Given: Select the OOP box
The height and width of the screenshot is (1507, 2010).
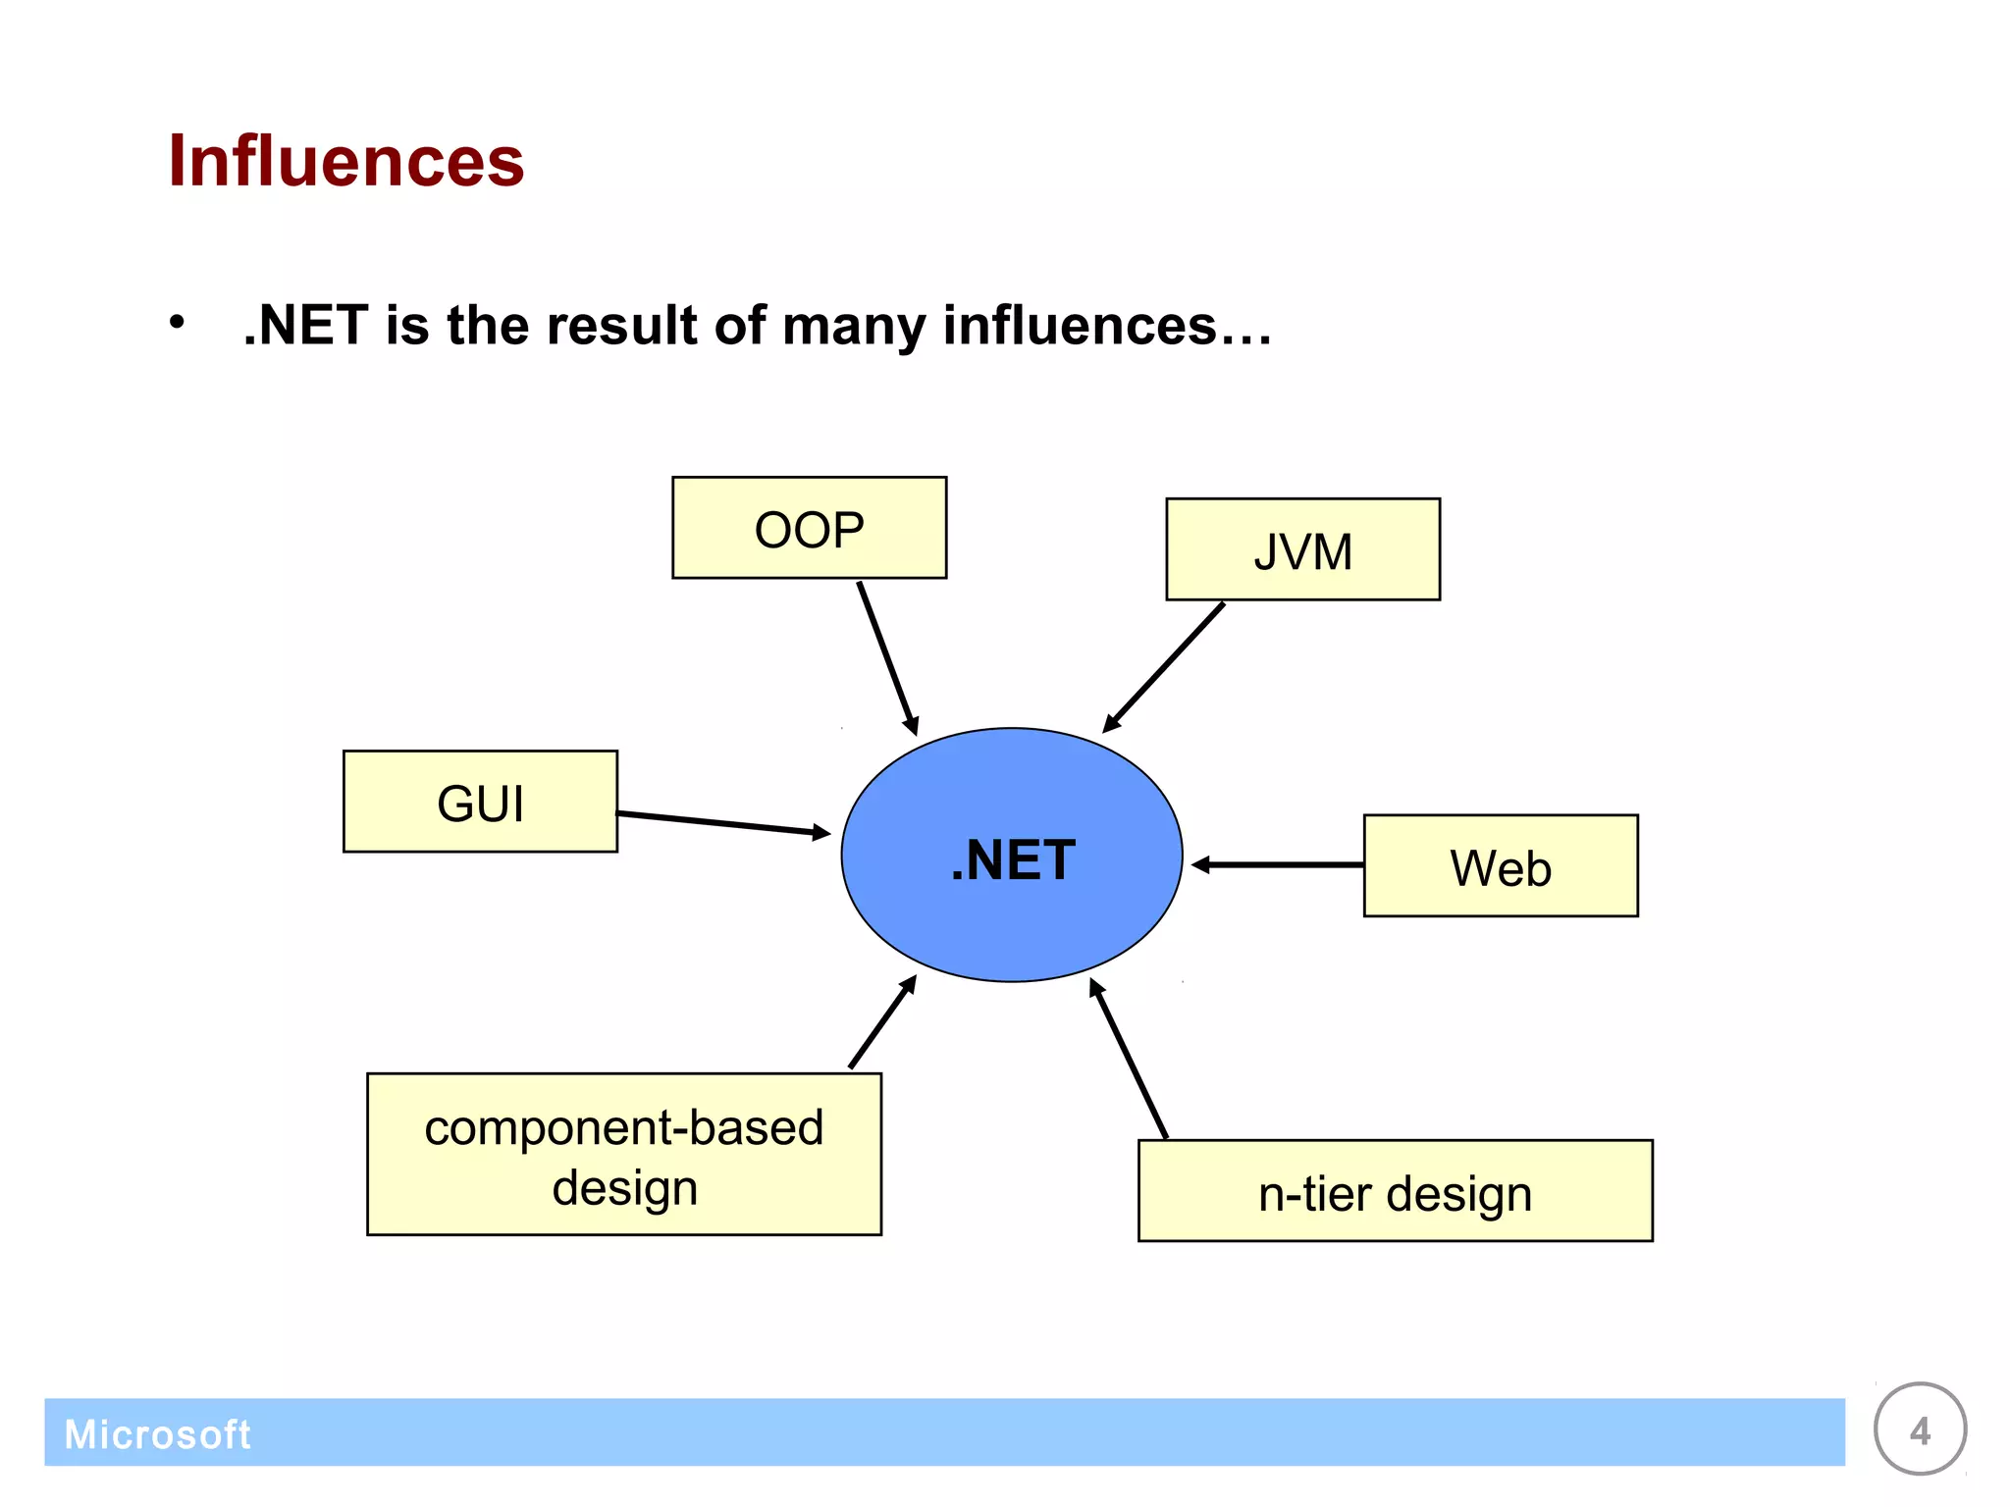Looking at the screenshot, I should (809, 528).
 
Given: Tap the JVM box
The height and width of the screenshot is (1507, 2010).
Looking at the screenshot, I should (1302, 549).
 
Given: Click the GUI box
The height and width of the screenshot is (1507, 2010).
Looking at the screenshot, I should (480, 802).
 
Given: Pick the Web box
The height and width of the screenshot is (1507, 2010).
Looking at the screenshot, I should (1500, 866).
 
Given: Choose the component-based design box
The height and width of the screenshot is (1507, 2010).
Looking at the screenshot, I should (623, 1154).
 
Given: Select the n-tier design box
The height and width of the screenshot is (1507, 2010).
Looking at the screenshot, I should (1395, 1191).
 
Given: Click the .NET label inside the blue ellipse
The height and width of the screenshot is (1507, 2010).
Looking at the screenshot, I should (1013, 860).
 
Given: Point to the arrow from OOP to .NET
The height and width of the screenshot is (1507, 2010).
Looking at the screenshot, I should (886, 656).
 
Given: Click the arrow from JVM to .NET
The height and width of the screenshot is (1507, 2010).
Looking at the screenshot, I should (1165, 666).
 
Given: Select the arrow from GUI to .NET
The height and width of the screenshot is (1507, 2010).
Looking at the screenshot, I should (723, 823).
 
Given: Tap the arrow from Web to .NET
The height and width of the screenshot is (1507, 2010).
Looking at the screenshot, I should (1278, 864).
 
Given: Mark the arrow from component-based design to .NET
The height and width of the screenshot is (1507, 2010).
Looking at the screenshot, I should (882, 1022).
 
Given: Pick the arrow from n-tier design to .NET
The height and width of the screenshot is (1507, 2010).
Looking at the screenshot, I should (1129, 1059).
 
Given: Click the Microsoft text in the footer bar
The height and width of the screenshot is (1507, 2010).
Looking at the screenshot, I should (157, 1434).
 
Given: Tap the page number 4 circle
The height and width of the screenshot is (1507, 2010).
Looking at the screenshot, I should (1920, 1429).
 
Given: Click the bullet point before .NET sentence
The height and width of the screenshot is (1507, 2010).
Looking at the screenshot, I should (177, 322).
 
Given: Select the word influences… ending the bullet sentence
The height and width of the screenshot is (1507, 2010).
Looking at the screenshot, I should (1106, 326).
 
